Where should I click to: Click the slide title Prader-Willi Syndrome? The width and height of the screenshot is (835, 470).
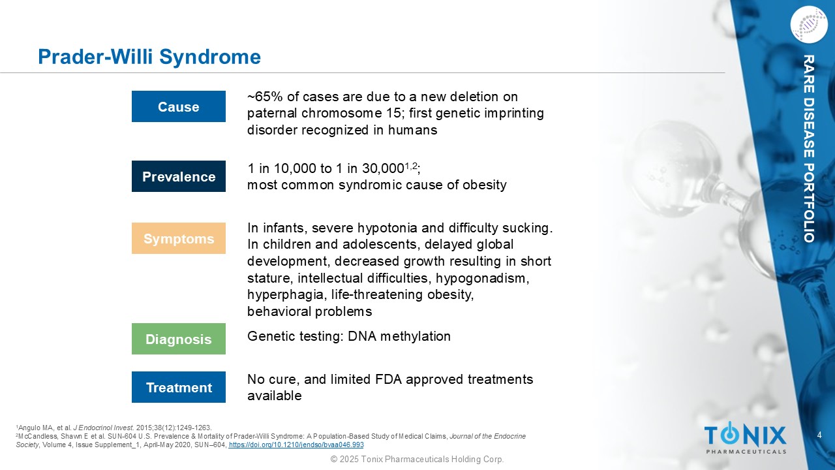point(149,57)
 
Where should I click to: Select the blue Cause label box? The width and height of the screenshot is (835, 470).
point(179,106)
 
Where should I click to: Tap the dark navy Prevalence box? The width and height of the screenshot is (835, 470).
point(179,176)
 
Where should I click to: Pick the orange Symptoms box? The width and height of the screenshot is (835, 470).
point(179,238)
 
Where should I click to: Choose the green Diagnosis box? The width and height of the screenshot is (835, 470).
point(179,339)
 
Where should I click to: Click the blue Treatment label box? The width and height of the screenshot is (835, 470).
point(179,387)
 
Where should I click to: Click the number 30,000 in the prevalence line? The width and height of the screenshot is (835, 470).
point(383,168)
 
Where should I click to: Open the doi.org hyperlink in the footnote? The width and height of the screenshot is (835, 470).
point(296,445)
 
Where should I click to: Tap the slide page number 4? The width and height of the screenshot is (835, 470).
point(819,435)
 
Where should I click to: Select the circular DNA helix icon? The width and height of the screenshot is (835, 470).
point(809,25)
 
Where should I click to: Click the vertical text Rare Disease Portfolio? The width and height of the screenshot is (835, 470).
point(809,148)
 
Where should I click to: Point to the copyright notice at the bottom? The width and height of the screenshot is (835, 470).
point(417,459)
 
